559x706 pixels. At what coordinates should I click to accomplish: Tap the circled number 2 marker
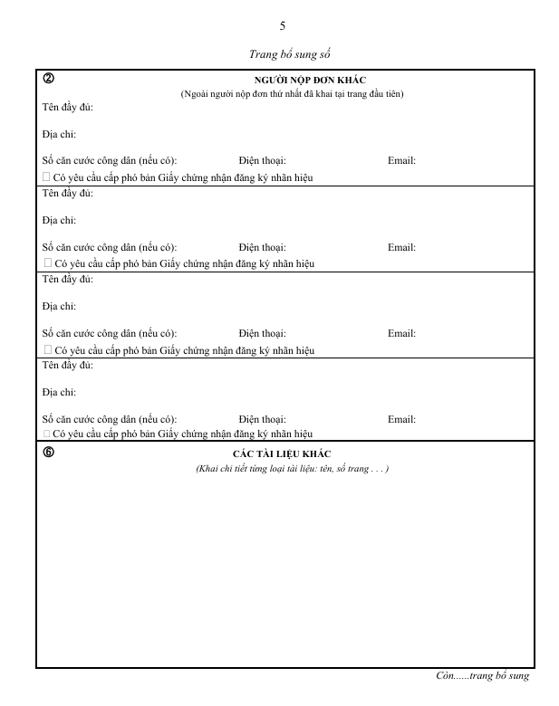pos(47,79)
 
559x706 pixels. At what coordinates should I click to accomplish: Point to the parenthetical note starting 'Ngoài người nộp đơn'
pos(291,94)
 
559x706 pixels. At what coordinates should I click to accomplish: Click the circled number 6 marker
pos(47,452)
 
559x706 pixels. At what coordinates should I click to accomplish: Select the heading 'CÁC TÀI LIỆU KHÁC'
pos(282,453)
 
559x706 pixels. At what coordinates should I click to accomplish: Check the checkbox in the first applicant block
pos(47,177)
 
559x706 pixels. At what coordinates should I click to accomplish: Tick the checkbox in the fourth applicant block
pos(47,434)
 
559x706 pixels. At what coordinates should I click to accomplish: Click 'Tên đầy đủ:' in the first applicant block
pos(68,108)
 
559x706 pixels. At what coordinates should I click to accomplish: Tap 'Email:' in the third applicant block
pos(401,333)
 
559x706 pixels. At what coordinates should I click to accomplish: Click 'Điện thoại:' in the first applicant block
pos(263,161)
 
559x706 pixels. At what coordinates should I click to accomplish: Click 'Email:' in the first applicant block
pos(401,161)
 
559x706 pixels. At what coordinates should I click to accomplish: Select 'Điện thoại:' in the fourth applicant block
pos(263,419)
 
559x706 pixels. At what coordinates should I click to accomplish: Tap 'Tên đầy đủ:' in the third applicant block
pos(68,279)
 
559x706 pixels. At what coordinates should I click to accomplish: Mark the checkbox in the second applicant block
pos(47,263)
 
